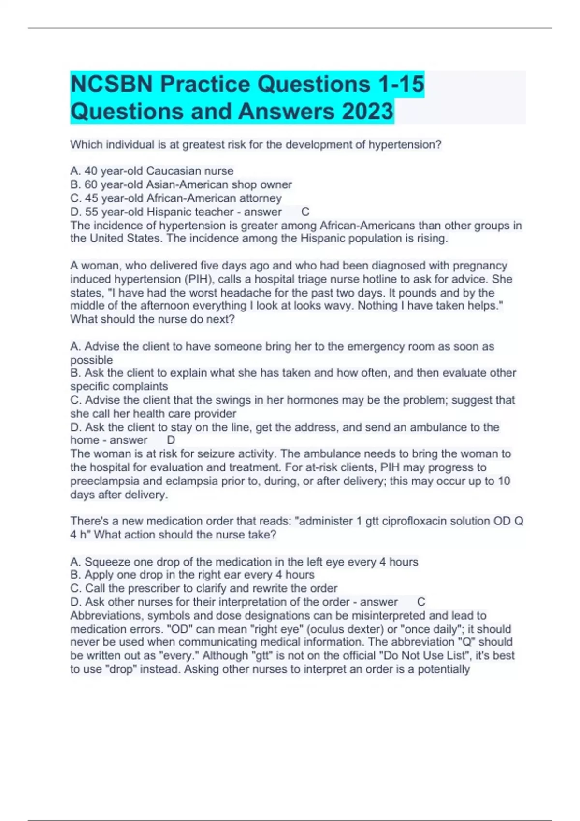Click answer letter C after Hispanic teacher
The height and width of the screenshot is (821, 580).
click(305, 212)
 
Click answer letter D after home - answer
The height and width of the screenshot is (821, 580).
click(171, 440)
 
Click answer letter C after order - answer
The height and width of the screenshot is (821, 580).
click(421, 602)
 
